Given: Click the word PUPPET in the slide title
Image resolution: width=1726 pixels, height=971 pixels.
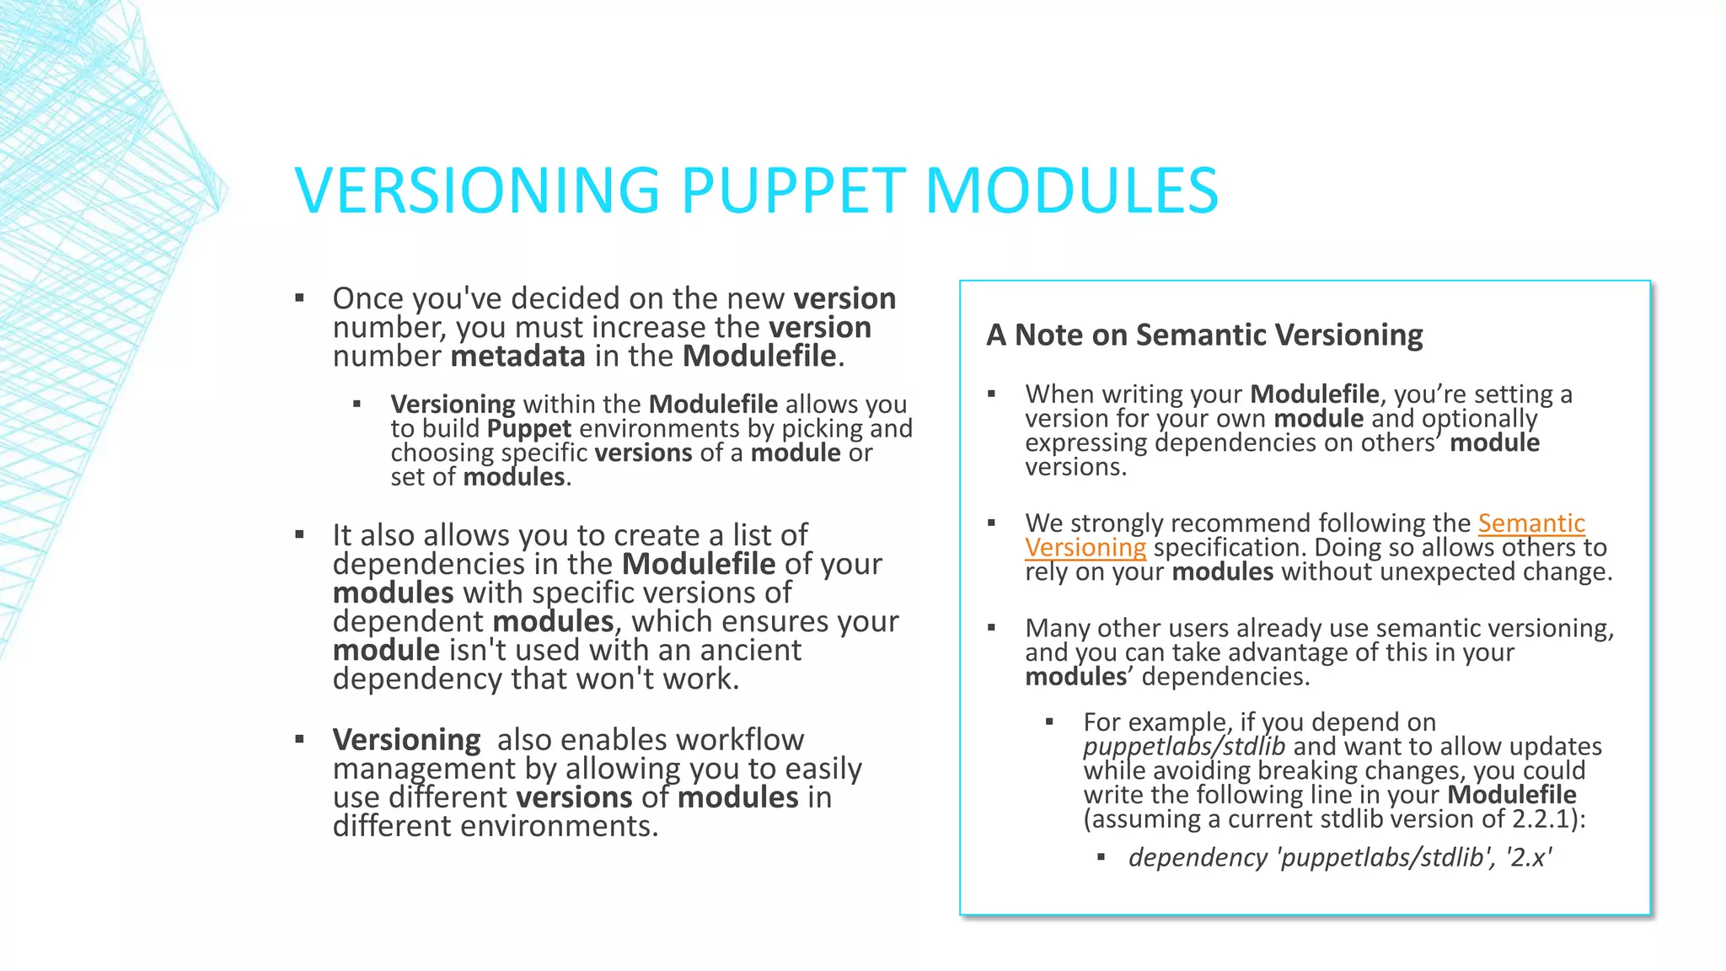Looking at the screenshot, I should [792, 190].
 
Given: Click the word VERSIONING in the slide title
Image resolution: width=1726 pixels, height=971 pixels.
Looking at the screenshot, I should [477, 190].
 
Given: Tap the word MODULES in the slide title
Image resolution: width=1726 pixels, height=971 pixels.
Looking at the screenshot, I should [1071, 190].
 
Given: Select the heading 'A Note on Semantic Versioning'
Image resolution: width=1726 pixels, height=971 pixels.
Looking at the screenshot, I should [1204, 335].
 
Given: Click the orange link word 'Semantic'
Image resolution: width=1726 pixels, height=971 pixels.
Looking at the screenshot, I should [1531, 523].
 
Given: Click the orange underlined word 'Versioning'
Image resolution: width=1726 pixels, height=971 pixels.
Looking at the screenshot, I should [1085, 548].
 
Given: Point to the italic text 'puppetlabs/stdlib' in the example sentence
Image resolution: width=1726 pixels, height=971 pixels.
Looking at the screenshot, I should [1183, 747].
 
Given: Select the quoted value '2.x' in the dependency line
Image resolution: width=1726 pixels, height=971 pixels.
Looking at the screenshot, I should [1529, 857].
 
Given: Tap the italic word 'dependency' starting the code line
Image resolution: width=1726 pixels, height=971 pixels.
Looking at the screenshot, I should [1198, 857].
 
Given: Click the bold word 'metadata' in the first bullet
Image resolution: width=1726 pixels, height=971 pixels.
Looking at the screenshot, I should [517, 357].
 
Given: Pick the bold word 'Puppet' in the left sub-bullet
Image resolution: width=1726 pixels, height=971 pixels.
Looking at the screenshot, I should [529, 429].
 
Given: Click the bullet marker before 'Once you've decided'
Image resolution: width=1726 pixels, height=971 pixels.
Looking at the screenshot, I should [299, 298].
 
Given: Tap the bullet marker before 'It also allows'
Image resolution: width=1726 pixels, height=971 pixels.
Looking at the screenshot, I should [299, 534].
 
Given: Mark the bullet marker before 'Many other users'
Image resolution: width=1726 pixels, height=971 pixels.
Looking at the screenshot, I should [992, 627].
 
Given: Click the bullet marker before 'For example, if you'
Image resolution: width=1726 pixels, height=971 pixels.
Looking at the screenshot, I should [1049, 722].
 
